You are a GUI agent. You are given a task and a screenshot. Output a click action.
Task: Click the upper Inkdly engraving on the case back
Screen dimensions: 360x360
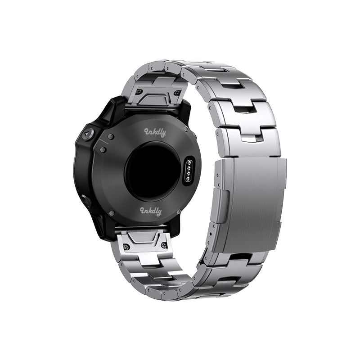click(155, 132)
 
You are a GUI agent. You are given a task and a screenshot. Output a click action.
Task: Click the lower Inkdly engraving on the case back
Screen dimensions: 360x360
click(151, 211)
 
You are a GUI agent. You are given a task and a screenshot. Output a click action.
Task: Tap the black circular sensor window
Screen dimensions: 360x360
click(153, 171)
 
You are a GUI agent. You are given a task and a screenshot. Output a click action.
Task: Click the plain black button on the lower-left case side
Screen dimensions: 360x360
click(86, 200)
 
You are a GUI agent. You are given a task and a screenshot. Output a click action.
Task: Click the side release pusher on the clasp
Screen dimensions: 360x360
click(220, 206)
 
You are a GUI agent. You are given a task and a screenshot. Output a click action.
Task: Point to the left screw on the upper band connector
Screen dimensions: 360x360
click(139, 91)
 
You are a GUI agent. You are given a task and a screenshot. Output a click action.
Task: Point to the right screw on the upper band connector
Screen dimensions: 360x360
click(176, 93)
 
